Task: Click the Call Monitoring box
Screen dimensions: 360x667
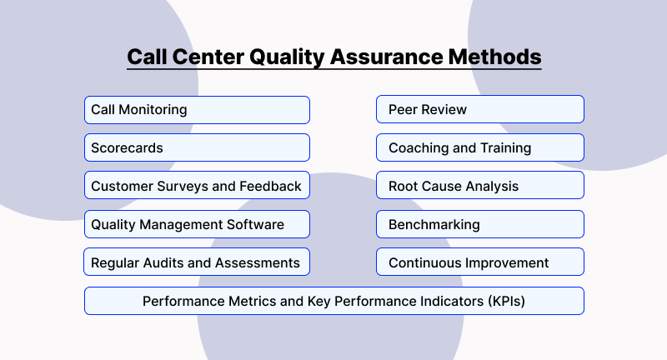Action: point(197,110)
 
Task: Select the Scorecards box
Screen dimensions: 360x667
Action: point(197,148)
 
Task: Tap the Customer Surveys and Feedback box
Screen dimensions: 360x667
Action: point(197,186)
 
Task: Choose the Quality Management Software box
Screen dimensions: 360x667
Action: point(197,224)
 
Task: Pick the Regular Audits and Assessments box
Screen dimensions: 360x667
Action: point(197,262)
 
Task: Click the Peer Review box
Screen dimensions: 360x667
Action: point(479,110)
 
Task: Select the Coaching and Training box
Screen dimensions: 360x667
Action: point(479,148)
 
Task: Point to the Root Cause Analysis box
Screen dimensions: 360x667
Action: point(479,186)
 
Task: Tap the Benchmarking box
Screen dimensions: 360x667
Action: point(479,224)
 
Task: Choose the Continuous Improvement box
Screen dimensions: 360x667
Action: point(479,262)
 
